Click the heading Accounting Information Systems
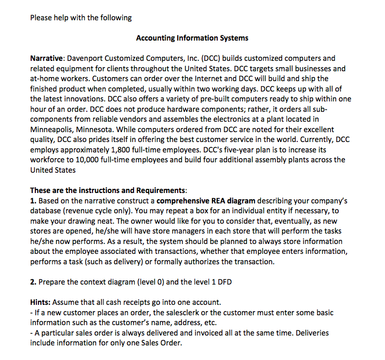pyautogui.click(x=192, y=38)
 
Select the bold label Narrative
pyautogui.click(x=46, y=58)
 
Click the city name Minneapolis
pyautogui.click(x=52, y=129)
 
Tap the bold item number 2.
pyautogui.click(x=33, y=282)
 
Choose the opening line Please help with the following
pyautogui.click(x=81, y=18)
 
